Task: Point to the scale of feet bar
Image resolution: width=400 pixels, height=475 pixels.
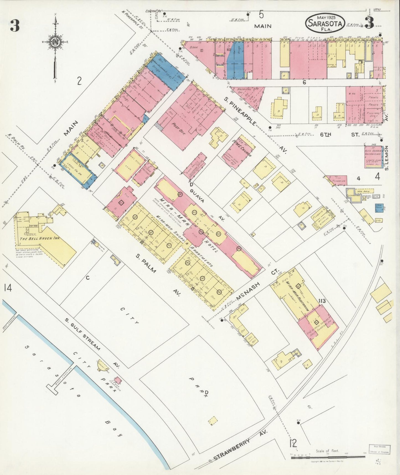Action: click(x=327, y=458)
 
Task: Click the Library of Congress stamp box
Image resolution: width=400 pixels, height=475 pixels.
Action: click(x=379, y=449)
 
